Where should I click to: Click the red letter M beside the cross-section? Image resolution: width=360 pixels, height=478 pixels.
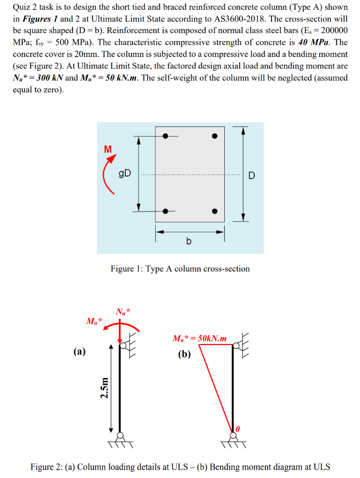pyautogui.click(x=108, y=149)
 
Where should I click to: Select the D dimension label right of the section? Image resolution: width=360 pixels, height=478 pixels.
pyautogui.click(x=252, y=176)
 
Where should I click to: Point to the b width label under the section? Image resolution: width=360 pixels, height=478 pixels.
pyautogui.click(x=189, y=241)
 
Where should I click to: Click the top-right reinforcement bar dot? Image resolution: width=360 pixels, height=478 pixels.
pyautogui.click(x=214, y=136)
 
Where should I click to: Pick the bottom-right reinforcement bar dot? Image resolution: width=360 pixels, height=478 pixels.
pyautogui.click(x=214, y=211)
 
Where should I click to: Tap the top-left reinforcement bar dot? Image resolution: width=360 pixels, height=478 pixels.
pyautogui.click(x=165, y=136)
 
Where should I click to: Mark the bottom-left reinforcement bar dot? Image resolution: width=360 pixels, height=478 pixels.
pyautogui.click(x=165, y=211)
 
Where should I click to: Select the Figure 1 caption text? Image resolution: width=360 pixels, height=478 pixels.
pyautogui.click(x=180, y=269)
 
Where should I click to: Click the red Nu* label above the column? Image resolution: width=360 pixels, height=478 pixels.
pyautogui.click(x=124, y=312)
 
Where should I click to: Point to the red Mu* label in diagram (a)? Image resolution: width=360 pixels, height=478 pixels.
pyautogui.click(x=95, y=321)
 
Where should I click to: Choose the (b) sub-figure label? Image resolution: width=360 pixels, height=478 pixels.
pyautogui.click(x=185, y=354)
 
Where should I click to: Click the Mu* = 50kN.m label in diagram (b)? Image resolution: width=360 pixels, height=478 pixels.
pyautogui.click(x=200, y=338)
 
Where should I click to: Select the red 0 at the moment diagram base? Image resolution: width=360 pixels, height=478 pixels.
pyautogui.click(x=238, y=428)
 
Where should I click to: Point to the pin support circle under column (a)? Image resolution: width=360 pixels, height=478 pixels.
pyautogui.click(x=120, y=436)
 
